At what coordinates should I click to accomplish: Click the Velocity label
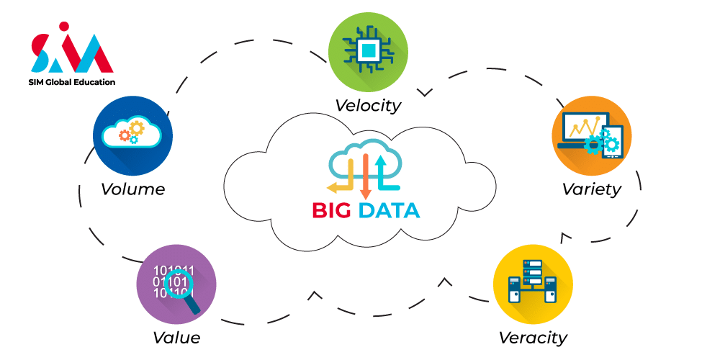[x=367, y=105]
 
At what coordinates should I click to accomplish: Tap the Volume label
[x=132, y=189]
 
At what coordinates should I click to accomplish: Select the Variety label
[x=591, y=189]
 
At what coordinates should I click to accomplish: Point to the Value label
[x=176, y=337]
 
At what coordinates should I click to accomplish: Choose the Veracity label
[x=533, y=337]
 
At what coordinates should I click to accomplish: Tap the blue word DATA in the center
[x=389, y=210]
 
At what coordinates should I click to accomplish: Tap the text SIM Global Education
[x=72, y=82]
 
